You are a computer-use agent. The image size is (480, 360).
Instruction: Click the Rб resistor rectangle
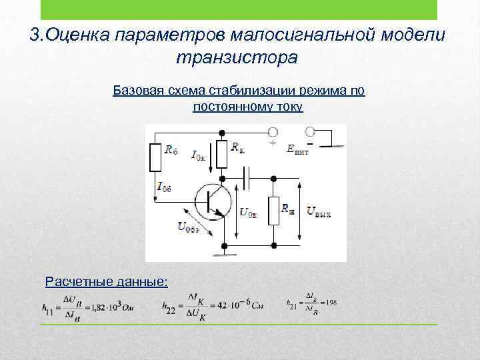pyautogui.click(x=155, y=157)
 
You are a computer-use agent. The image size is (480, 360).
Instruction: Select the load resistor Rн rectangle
pyautogui.click(x=273, y=210)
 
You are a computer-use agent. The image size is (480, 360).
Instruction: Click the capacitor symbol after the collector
pyautogui.click(x=248, y=178)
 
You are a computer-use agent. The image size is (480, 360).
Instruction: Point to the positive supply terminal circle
pyautogui.click(x=273, y=131)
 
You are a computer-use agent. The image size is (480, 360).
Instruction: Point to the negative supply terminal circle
pyautogui.click(x=309, y=131)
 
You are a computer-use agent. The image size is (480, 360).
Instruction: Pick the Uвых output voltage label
pyautogui.click(x=319, y=211)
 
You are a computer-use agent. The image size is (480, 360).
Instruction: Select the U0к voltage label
pyautogui.click(x=247, y=213)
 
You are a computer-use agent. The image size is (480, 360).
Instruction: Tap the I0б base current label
pyautogui.click(x=164, y=187)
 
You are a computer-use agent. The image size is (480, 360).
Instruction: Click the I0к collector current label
pyautogui.click(x=199, y=155)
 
